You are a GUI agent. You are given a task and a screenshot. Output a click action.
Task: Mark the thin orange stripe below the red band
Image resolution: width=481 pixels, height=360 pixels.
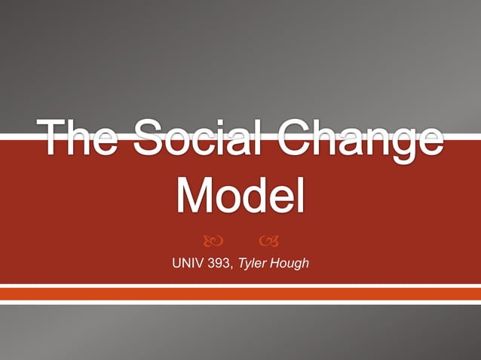(x=240, y=294)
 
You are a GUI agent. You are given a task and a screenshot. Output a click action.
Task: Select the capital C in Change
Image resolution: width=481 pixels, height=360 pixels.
(x=289, y=140)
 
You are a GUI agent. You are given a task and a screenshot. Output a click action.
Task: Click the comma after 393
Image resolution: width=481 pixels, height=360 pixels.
(x=234, y=267)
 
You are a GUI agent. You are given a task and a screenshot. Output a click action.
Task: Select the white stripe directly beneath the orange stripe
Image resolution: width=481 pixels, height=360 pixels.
(x=240, y=303)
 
